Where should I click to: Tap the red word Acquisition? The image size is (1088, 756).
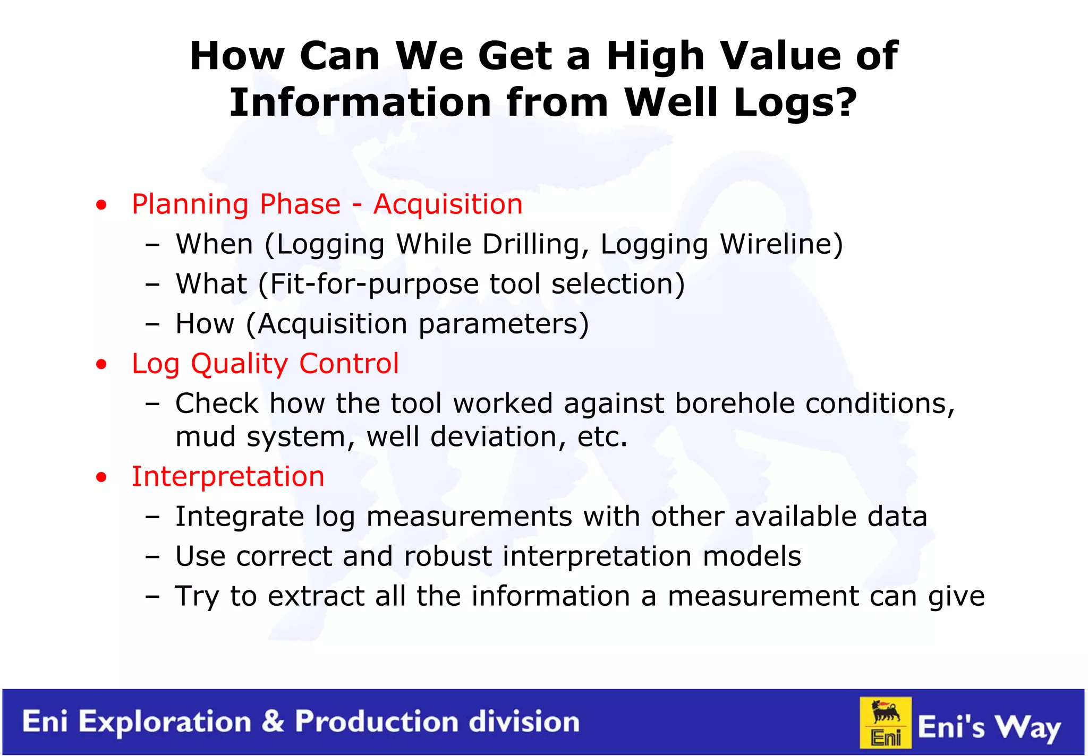[447, 204]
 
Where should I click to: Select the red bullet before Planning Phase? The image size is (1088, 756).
[101, 205]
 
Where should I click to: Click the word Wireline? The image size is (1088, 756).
[780, 244]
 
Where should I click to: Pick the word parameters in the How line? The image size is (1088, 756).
[503, 324]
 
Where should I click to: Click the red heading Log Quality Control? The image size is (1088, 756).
[265, 364]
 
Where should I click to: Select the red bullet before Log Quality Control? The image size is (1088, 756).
[101, 365]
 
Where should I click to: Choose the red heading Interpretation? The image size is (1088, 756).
[228, 476]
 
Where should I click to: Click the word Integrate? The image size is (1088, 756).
[239, 517]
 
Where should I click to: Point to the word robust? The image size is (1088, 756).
[447, 556]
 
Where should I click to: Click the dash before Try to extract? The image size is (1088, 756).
[152, 596]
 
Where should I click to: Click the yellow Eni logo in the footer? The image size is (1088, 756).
[886, 723]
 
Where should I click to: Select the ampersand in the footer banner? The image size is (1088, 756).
[273, 722]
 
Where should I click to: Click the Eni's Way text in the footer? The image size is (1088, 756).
[989, 726]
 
